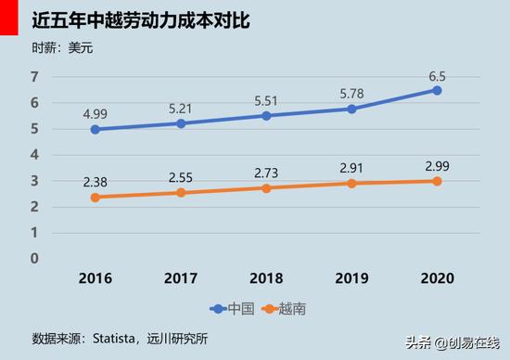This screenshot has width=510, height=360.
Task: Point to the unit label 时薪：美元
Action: pos(61,47)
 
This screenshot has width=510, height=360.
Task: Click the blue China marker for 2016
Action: pos(96,129)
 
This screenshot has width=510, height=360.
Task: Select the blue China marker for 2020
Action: pos(437,90)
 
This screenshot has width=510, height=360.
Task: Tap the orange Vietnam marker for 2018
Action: pos(266,187)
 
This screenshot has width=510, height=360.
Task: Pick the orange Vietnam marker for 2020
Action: pos(437,181)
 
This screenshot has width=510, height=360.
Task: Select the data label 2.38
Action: pos(96,178)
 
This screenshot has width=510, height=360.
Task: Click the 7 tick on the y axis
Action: pos(34,77)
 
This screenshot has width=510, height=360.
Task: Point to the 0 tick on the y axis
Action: pos(34,258)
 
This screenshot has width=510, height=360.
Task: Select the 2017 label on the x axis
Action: pos(181,278)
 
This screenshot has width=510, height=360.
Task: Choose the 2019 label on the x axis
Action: pos(351,278)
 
